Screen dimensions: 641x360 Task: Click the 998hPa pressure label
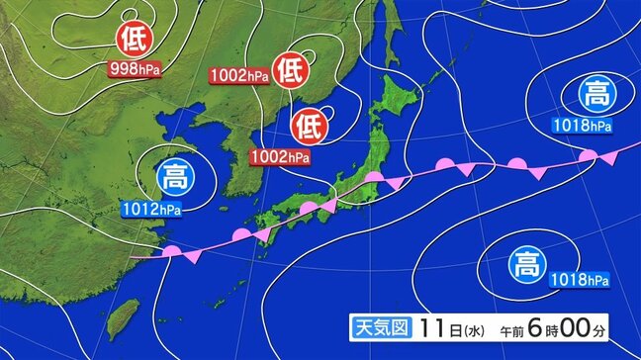(x=135, y=68)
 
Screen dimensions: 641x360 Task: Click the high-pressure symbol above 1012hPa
(x=172, y=179)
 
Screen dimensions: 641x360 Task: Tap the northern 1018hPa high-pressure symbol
(x=595, y=96)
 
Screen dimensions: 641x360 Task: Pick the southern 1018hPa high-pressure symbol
(x=523, y=264)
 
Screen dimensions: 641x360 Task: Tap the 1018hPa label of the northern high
(x=584, y=125)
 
